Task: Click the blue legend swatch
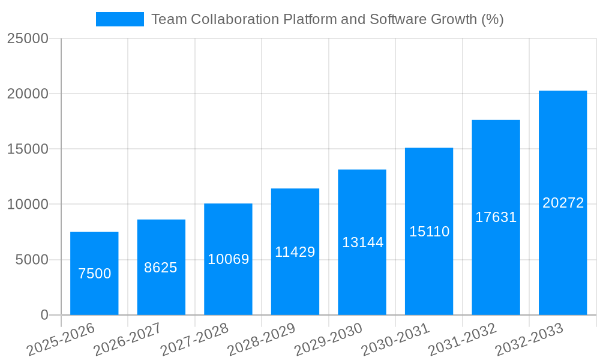(x=119, y=19)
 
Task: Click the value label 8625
(x=161, y=268)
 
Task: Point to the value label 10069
(x=228, y=259)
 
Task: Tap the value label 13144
(x=362, y=242)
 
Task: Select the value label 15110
(x=429, y=232)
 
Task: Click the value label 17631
(x=496, y=217)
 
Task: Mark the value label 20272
(x=563, y=203)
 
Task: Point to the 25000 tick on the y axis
(x=28, y=38)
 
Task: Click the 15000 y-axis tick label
(x=28, y=149)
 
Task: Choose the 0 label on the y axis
(x=44, y=315)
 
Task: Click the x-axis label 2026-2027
(x=127, y=340)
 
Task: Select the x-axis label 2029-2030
(x=328, y=340)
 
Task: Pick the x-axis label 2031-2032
(x=462, y=340)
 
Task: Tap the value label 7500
(x=94, y=274)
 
